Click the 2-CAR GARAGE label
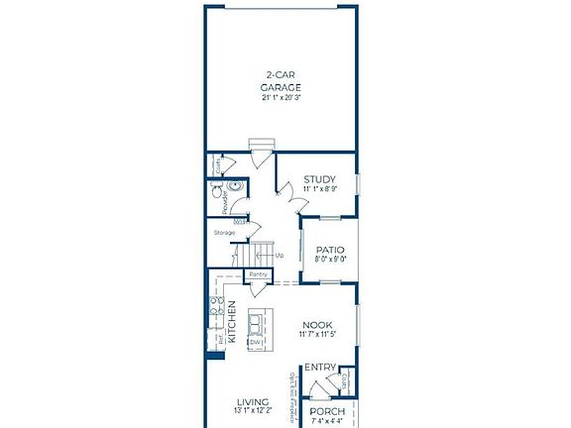click(283, 81)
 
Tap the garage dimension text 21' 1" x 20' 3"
click(283, 97)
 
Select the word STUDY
click(319, 179)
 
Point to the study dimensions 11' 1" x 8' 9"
click(319, 189)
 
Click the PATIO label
click(330, 250)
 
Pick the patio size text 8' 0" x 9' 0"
click(330, 260)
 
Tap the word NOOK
click(316, 324)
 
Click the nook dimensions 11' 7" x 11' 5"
click(317, 335)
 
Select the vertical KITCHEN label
click(232, 321)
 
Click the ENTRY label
click(320, 368)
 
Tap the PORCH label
click(327, 411)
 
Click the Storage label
click(224, 233)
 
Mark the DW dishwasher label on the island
click(255, 342)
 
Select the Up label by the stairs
click(280, 255)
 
